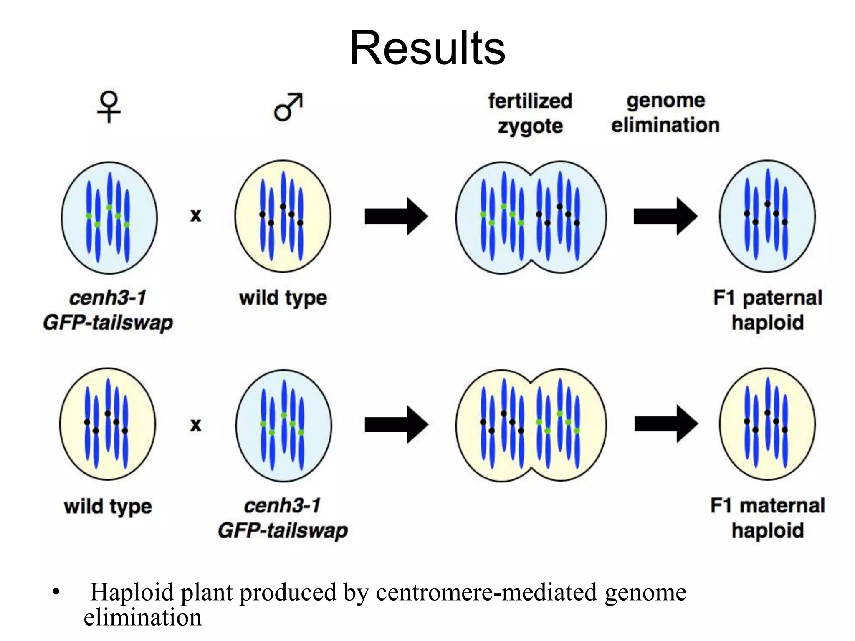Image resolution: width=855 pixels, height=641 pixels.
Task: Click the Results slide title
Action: point(427,48)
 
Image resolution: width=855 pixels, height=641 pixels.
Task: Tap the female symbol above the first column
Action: point(109,106)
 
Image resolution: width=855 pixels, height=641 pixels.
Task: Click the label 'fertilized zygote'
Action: point(530,114)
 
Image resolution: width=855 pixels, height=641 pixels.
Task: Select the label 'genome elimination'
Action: point(665,113)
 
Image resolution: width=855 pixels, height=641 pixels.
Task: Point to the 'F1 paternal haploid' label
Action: point(768,310)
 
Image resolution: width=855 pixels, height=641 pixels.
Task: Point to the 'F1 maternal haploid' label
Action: point(768,518)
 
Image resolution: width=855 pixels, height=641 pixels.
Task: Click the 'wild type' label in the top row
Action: point(283,298)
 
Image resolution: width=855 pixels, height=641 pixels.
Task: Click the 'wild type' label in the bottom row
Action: point(108,507)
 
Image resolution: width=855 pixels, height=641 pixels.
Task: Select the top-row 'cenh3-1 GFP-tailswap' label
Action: point(108,310)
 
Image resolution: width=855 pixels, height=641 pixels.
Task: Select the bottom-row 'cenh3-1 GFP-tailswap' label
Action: point(283,518)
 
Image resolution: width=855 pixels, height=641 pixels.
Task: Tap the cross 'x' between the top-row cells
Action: point(195,216)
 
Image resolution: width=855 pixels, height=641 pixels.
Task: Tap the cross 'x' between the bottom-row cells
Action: point(195,425)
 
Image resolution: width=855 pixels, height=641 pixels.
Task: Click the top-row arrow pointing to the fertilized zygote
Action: point(396,216)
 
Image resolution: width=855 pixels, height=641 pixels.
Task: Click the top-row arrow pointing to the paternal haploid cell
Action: point(665,216)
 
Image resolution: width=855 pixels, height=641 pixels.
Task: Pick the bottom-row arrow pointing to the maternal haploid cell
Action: point(665,424)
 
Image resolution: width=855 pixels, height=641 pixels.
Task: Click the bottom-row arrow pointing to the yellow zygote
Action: point(396,424)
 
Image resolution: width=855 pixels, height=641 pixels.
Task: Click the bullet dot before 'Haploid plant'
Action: point(56,592)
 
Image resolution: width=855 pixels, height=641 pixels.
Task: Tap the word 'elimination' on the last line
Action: point(143,617)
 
